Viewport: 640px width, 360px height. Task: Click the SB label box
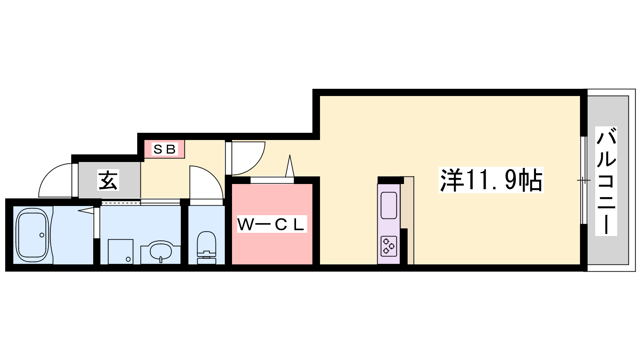pos(164,149)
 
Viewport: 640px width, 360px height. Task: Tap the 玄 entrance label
pos(108,180)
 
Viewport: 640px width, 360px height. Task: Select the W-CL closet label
pos(272,224)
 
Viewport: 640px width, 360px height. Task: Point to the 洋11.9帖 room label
pos(491,180)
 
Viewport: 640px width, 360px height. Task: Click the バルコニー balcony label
pos(606,181)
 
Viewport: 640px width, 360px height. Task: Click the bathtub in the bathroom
pos(32,235)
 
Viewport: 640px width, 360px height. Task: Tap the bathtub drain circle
pos(42,235)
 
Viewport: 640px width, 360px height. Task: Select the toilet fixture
pos(206,248)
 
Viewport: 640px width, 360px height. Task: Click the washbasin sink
pos(160,251)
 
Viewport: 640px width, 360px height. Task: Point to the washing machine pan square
pos(120,252)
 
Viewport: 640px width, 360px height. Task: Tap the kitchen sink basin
pos(388,206)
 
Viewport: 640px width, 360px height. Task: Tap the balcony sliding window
pos(584,180)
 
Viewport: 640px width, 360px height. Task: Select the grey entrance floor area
pos(110,180)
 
